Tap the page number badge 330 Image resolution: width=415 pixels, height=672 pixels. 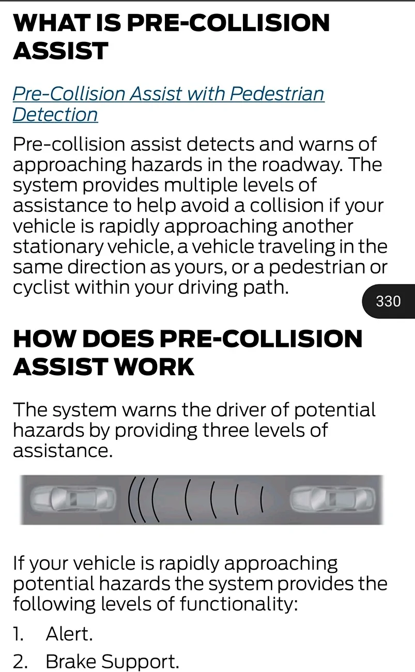388,301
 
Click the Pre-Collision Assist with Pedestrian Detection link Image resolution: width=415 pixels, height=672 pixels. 168,95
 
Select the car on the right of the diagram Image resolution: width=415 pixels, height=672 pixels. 332,499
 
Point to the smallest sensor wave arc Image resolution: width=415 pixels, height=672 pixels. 262,499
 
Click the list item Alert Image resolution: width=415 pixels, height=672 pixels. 69,634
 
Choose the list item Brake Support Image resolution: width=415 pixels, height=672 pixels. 112,661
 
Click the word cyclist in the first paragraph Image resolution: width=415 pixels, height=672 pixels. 41,288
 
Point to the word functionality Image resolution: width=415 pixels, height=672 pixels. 238,604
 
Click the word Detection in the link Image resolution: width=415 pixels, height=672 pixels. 55,114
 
